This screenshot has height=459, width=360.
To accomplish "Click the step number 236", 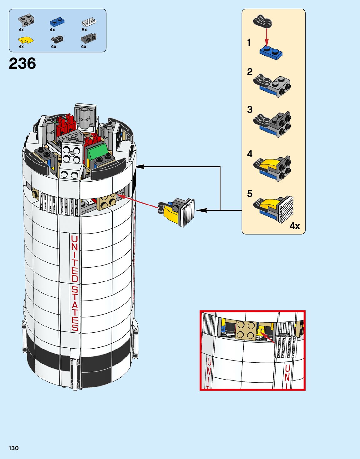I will [23, 64].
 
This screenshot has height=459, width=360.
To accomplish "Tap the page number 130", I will [14, 448].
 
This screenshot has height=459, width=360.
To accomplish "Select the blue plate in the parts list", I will [57, 22].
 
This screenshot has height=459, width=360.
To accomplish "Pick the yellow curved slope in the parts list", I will [26, 40].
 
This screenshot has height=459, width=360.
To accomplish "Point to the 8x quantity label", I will [84, 30].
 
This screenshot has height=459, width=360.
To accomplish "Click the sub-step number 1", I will [249, 42].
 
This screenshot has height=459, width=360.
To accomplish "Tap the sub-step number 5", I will [250, 194].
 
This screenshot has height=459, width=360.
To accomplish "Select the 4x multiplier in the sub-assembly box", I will [295, 226].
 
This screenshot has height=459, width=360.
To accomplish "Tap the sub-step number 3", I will [250, 110].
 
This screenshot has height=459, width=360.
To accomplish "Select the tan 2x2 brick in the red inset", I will [245, 330].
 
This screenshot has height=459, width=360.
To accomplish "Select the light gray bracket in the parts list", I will [26, 21].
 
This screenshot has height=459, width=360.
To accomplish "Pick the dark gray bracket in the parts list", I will [89, 38].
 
